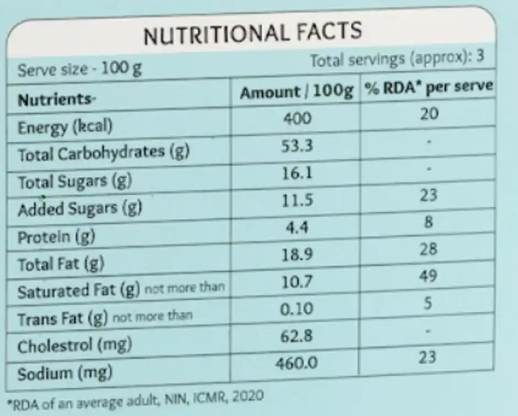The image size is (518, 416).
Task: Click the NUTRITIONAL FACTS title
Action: tap(252, 34)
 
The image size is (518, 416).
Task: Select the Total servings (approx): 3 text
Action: tap(397, 59)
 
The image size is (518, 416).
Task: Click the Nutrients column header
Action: tap(57, 100)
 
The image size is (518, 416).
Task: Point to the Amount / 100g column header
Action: tap(296, 92)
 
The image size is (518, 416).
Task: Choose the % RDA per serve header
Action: tap(428, 88)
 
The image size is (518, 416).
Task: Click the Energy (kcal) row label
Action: tap(65, 127)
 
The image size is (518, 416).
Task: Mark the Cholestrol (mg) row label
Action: tap(74, 346)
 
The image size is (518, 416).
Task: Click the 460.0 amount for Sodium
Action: tap(298, 363)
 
